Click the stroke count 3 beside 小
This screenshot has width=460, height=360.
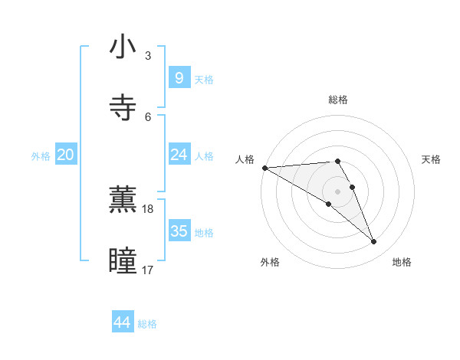click(x=148, y=56)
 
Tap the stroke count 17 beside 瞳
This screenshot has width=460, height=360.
click(x=148, y=270)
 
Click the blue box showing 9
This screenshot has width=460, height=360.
click(x=179, y=77)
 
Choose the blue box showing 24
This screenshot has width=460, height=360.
click(x=179, y=155)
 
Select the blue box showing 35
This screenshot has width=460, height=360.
click(x=179, y=231)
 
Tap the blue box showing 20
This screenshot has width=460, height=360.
click(x=66, y=155)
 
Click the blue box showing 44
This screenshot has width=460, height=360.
click(x=123, y=322)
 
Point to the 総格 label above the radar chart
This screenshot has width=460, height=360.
click(x=338, y=100)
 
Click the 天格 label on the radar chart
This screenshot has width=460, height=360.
click(x=432, y=159)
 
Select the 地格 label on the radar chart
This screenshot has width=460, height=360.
click(x=402, y=262)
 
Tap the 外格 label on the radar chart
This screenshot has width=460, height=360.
click(x=270, y=262)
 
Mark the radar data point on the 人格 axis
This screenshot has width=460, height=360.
click(x=264, y=168)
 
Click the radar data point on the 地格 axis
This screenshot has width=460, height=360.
click(x=374, y=242)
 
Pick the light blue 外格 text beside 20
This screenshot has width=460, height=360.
click(x=41, y=155)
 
